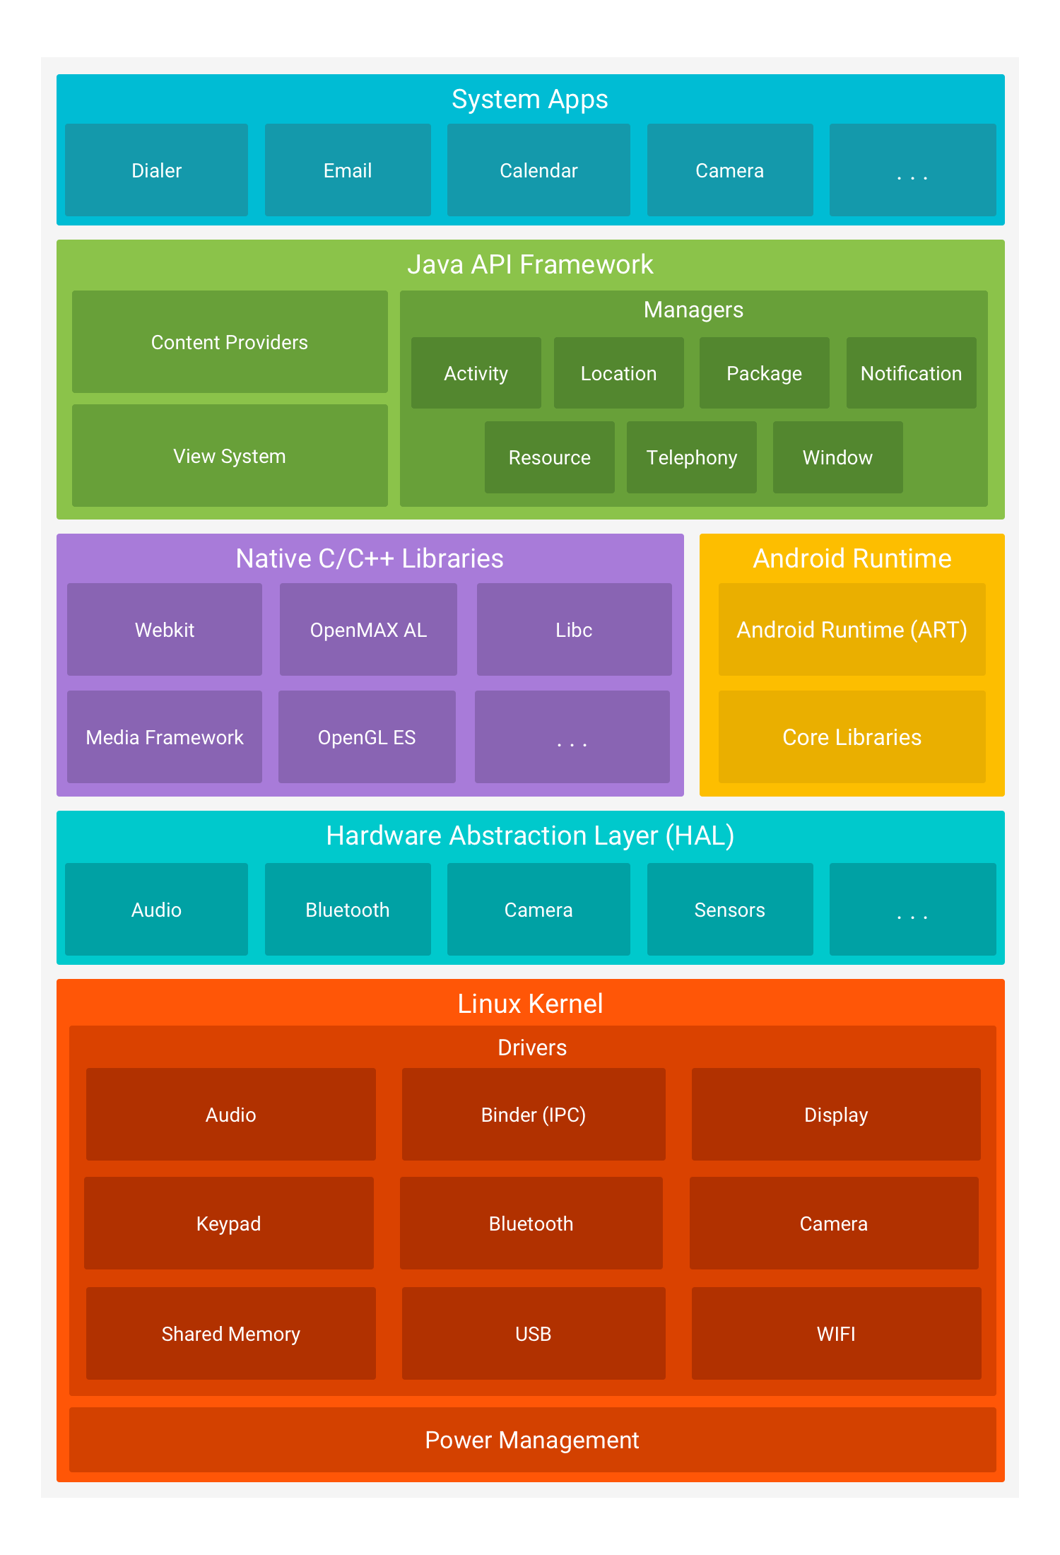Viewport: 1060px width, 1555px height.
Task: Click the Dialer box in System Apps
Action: [156, 170]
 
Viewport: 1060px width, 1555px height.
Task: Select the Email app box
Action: [348, 170]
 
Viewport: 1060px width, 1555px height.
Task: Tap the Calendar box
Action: [538, 170]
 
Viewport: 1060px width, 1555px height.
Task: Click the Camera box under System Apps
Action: [730, 170]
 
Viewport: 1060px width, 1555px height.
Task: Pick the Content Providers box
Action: [230, 342]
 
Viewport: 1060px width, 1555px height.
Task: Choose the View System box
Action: [230, 456]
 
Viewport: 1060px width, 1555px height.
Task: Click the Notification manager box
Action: [912, 373]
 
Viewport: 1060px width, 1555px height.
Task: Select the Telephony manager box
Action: [692, 457]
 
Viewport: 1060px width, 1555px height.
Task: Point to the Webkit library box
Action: [165, 630]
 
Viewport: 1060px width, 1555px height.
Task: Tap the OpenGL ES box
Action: [367, 737]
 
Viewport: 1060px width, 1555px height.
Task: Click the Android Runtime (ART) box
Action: [852, 630]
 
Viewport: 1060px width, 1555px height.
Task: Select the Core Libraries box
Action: [852, 737]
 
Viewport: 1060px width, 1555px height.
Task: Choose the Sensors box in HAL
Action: [730, 910]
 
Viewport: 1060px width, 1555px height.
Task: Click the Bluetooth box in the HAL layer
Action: [348, 910]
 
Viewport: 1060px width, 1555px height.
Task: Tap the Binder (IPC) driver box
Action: [534, 1115]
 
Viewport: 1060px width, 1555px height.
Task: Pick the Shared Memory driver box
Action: [231, 1334]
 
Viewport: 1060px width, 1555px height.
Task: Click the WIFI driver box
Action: [836, 1334]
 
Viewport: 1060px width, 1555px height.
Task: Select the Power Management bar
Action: [533, 1440]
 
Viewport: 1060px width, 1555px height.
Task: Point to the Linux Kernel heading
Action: [530, 1004]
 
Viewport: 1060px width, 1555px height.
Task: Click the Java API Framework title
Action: [530, 264]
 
